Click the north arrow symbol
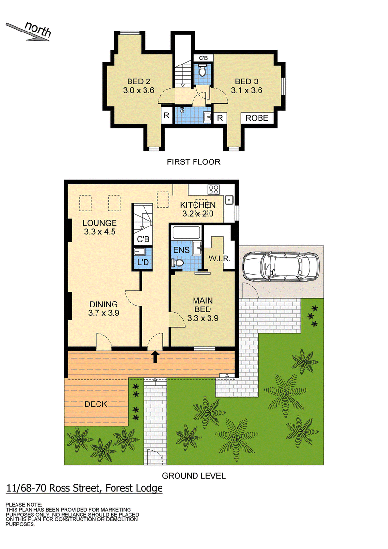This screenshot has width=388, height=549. (28, 32)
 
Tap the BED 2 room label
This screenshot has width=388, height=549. (139, 86)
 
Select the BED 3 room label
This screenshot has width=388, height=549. (246, 86)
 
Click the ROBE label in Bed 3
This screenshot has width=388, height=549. (257, 118)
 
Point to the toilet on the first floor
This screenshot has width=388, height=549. (202, 71)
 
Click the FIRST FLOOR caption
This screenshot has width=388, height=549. (194, 162)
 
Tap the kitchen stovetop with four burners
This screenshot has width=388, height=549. (213, 190)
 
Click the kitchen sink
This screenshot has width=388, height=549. (229, 200)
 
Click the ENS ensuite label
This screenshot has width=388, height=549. (181, 250)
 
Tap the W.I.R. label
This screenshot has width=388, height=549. (220, 259)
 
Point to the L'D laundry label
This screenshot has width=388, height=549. (143, 262)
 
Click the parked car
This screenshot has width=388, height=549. (281, 266)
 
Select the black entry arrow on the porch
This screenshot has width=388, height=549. (156, 357)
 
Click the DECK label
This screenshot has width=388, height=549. (96, 404)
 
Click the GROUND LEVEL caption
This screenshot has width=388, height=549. (194, 476)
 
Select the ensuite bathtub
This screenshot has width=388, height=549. (186, 233)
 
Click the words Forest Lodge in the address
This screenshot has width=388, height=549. (134, 488)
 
